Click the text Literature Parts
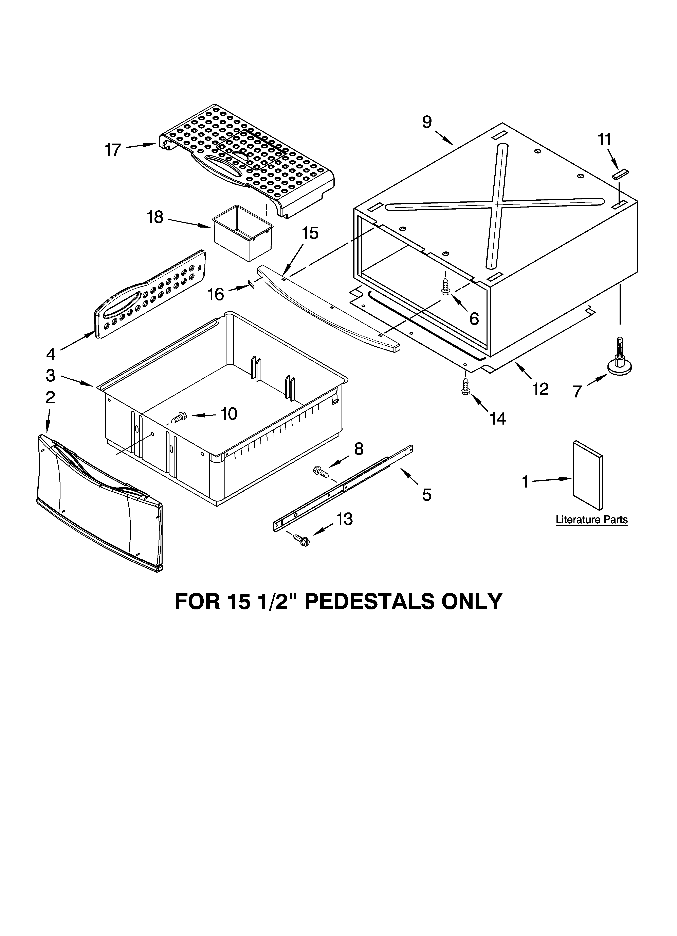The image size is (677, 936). [592, 520]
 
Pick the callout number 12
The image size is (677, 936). [540, 389]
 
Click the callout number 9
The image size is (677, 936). [427, 122]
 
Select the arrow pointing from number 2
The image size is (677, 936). [48, 421]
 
